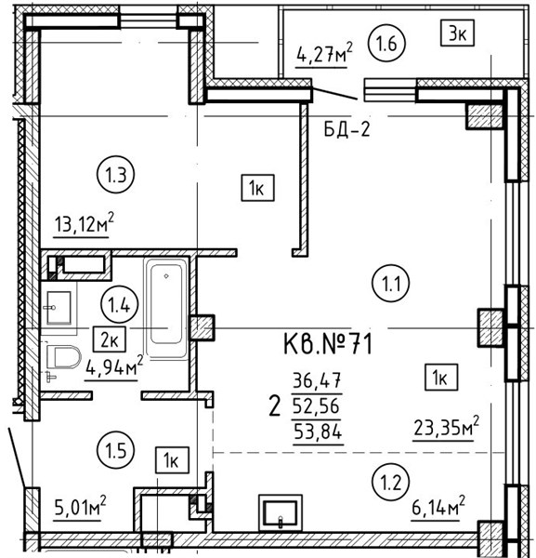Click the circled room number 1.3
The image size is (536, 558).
click(x=115, y=175)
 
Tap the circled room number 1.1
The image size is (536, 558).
click(x=391, y=284)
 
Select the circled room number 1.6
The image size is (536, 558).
click(x=386, y=44)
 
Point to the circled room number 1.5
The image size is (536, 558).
click(x=116, y=450)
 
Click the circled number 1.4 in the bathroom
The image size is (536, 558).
click(x=120, y=305)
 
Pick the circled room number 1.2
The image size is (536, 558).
click(x=391, y=482)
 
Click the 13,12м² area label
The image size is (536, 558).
click(x=84, y=223)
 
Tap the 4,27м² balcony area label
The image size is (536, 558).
click(x=324, y=54)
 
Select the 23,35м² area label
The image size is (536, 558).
click(x=446, y=427)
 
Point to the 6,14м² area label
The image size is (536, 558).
click(x=438, y=507)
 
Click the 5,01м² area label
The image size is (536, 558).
click(x=80, y=507)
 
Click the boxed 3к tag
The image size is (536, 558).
click(x=457, y=33)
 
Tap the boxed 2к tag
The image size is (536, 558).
click(x=110, y=339)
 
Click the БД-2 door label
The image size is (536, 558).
click(x=346, y=129)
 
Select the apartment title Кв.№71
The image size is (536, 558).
click(x=328, y=344)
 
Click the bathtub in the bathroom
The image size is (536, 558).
click(x=166, y=308)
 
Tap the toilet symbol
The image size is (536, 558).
click(x=63, y=357)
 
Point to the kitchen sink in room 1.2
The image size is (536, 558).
click(x=281, y=512)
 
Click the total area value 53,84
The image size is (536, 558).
click(x=318, y=432)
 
